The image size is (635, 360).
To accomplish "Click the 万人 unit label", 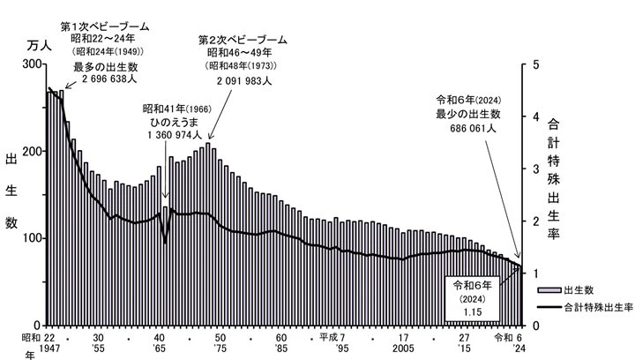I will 41,44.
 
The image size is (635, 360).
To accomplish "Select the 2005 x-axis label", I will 402,349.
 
